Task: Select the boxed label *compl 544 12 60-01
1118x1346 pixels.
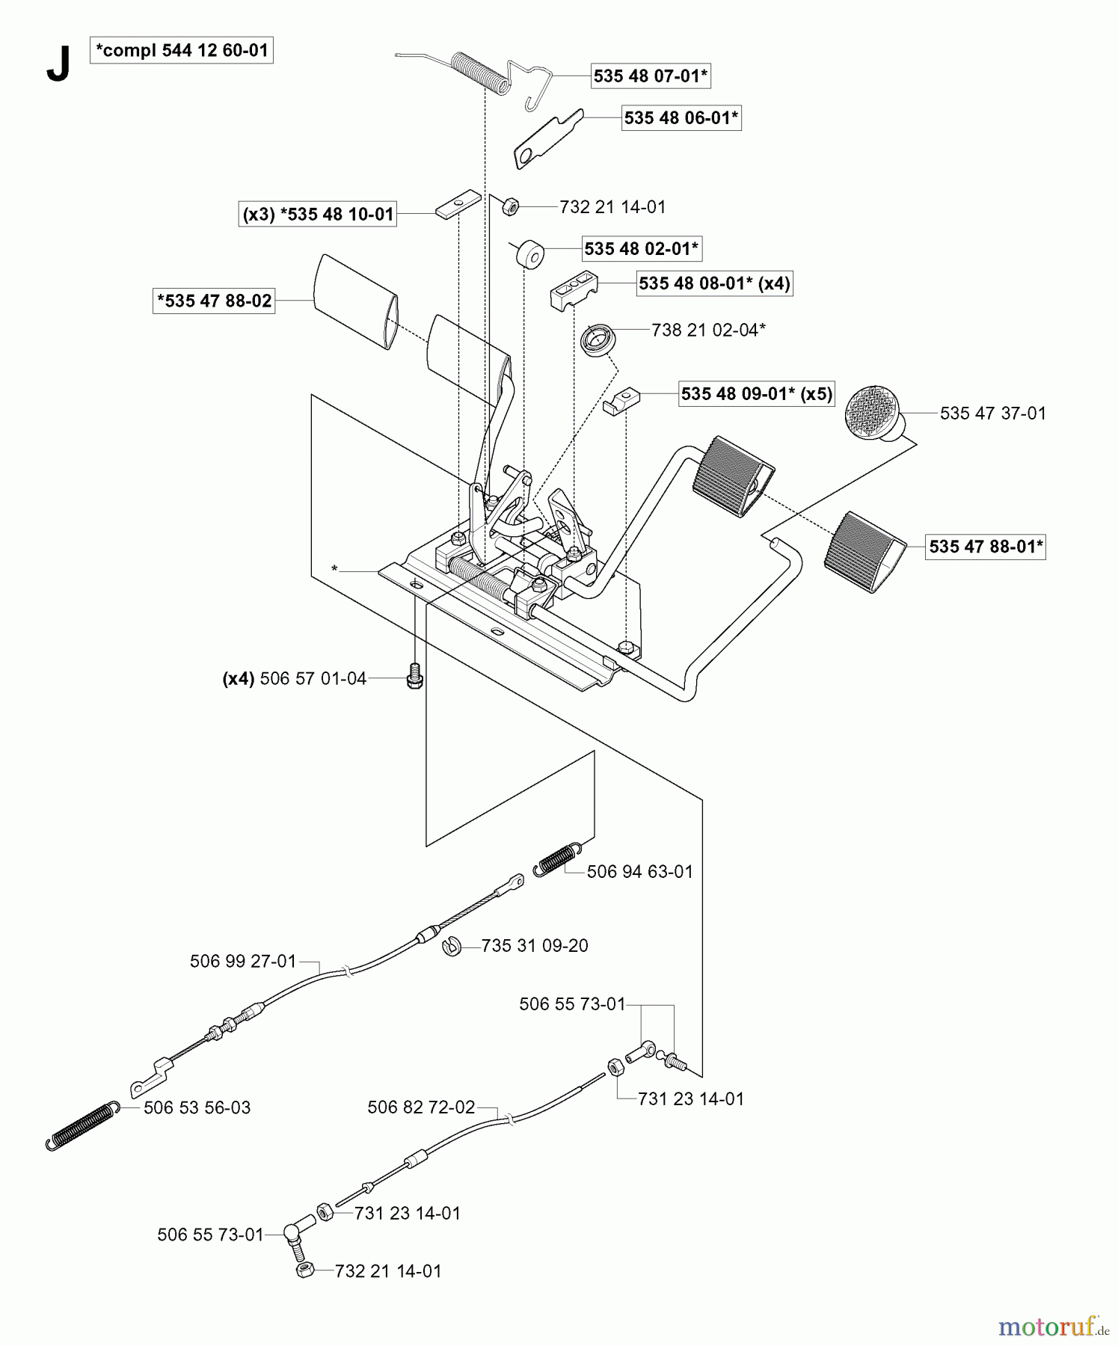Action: click(182, 51)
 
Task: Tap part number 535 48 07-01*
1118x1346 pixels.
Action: click(651, 76)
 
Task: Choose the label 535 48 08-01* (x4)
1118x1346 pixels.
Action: click(714, 283)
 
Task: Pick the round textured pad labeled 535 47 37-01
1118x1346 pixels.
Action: click(872, 411)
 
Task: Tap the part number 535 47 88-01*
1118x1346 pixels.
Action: click(985, 547)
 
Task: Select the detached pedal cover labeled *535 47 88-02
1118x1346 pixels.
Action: click(355, 301)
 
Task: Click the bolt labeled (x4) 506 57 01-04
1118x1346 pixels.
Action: click(414, 677)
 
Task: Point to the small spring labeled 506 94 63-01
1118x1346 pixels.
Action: click(558, 858)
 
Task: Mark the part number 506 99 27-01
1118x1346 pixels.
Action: click(243, 962)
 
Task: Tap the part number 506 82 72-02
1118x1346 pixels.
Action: click(421, 1107)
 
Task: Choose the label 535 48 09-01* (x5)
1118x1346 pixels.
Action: click(757, 394)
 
